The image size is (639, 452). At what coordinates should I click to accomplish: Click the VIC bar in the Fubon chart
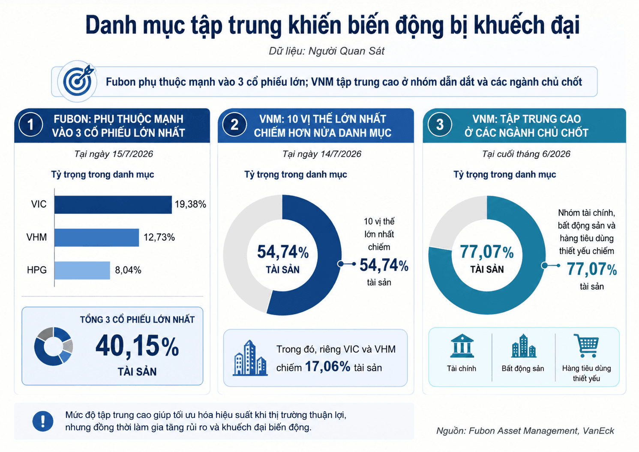coord(113,204)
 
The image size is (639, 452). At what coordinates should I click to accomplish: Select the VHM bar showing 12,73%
coord(97,237)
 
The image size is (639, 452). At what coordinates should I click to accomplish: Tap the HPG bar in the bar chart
coord(82,270)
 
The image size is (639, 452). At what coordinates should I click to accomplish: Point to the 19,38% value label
coord(190,204)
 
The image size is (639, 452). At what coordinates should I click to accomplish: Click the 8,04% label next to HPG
coord(128,270)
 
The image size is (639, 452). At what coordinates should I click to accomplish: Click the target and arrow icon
coord(78,81)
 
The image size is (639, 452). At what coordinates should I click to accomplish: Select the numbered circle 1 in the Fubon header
coord(31,125)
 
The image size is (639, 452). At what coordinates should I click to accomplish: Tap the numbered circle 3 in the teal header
coord(440,125)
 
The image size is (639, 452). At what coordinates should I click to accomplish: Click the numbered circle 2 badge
coord(234,125)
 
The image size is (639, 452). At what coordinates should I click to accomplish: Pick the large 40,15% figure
coord(137,346)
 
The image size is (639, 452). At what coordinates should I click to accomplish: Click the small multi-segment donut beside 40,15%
coord(53,346)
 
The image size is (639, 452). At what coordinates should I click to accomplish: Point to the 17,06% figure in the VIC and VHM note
coord(327,366)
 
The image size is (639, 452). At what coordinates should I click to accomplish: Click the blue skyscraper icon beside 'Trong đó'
coord(250,358)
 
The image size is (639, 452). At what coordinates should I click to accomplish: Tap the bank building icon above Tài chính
coord(462,346)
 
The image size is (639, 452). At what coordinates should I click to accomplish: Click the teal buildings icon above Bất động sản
coord(523,346)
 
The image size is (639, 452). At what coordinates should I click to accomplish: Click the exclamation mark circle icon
coord(43,421)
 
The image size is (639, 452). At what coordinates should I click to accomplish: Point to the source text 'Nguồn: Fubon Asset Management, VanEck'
coord(525,431)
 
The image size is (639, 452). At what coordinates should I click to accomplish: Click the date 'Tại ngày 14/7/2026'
coord(322,154)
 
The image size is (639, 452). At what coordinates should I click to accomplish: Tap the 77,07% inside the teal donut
coord(487,252)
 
